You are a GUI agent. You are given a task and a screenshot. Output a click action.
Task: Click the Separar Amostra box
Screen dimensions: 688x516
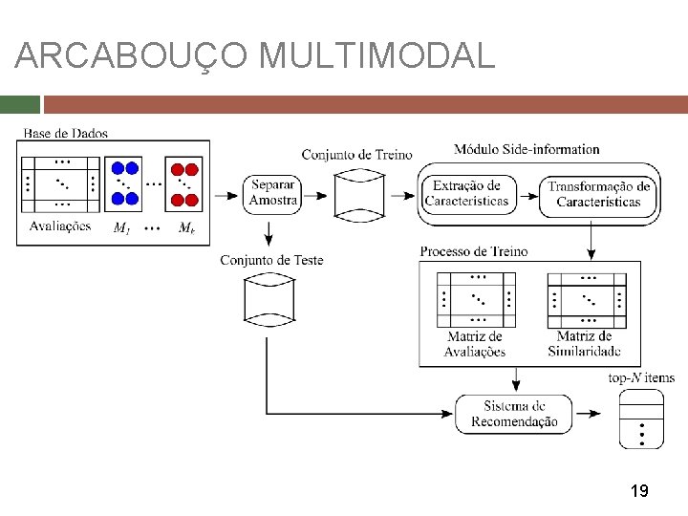tap(272, 194)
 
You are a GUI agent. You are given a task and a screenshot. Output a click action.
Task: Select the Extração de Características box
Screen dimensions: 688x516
tap(469, 195)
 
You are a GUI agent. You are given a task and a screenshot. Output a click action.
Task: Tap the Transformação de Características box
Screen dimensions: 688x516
tap(597, 197)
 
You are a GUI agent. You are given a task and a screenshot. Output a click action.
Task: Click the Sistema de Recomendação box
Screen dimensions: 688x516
tap(514, 414)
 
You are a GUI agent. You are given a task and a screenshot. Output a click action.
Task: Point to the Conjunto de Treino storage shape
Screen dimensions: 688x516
tap(359, 196)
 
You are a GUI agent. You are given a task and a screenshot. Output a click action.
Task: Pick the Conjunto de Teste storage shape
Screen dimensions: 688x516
tap(269, 300)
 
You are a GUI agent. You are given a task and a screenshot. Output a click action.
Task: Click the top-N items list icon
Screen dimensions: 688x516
tap(641, 419)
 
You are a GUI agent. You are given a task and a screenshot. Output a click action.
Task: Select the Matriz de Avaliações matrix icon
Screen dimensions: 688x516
tap(476, 300)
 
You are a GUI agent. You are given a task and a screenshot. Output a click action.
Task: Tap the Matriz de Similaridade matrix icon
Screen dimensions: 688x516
tap(587, 301)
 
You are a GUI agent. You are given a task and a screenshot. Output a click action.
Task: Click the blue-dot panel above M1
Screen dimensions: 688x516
tap(123, 183)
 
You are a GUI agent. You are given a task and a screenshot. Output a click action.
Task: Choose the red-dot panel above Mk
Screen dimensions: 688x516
tap(183, 183)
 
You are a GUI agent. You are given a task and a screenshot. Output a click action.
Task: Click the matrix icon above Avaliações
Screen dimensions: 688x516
tap(60, 184)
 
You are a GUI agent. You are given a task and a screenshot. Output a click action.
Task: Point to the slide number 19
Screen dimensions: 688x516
tap(639, 490)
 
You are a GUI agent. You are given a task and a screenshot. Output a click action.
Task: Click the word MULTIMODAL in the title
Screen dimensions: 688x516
tap(376, 55)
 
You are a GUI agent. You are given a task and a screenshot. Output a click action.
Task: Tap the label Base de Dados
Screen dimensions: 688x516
tap(65, 134)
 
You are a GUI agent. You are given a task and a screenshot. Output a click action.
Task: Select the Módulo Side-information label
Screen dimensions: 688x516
tap(527, 149)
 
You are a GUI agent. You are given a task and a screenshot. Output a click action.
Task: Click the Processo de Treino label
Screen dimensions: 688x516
tap(474, 251)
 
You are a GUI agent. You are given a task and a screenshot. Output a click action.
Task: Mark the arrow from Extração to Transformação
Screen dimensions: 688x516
tap(527, 196)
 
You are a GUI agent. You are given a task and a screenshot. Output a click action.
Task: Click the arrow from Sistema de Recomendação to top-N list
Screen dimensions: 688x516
tap(588, 414)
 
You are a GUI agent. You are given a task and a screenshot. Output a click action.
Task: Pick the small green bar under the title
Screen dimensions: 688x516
tap(20, 104)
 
